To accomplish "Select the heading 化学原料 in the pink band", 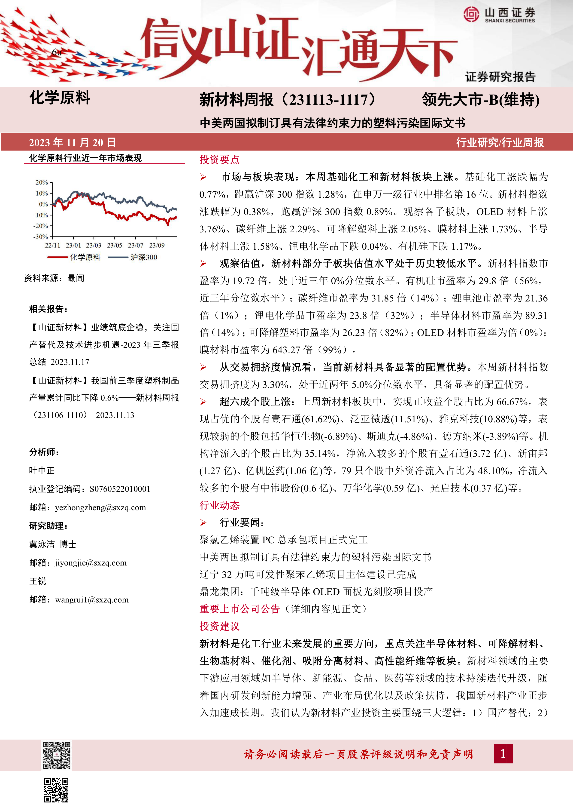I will [60, 98].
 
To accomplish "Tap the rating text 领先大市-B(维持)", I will [481, 100].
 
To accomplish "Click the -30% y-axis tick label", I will [41, 237].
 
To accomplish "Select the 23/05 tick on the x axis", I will [115, 245].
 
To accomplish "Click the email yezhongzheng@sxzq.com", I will [100, 508].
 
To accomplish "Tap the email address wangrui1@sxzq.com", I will [92, 600].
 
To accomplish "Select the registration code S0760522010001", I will [120, 489].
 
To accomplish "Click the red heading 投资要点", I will [219, 160].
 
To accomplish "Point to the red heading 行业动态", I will [219, 505].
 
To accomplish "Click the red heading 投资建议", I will [219, 626].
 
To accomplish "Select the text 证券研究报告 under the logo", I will [500, 77].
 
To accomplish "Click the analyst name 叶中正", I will [42, 470].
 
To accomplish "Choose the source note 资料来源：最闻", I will [54, 278].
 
